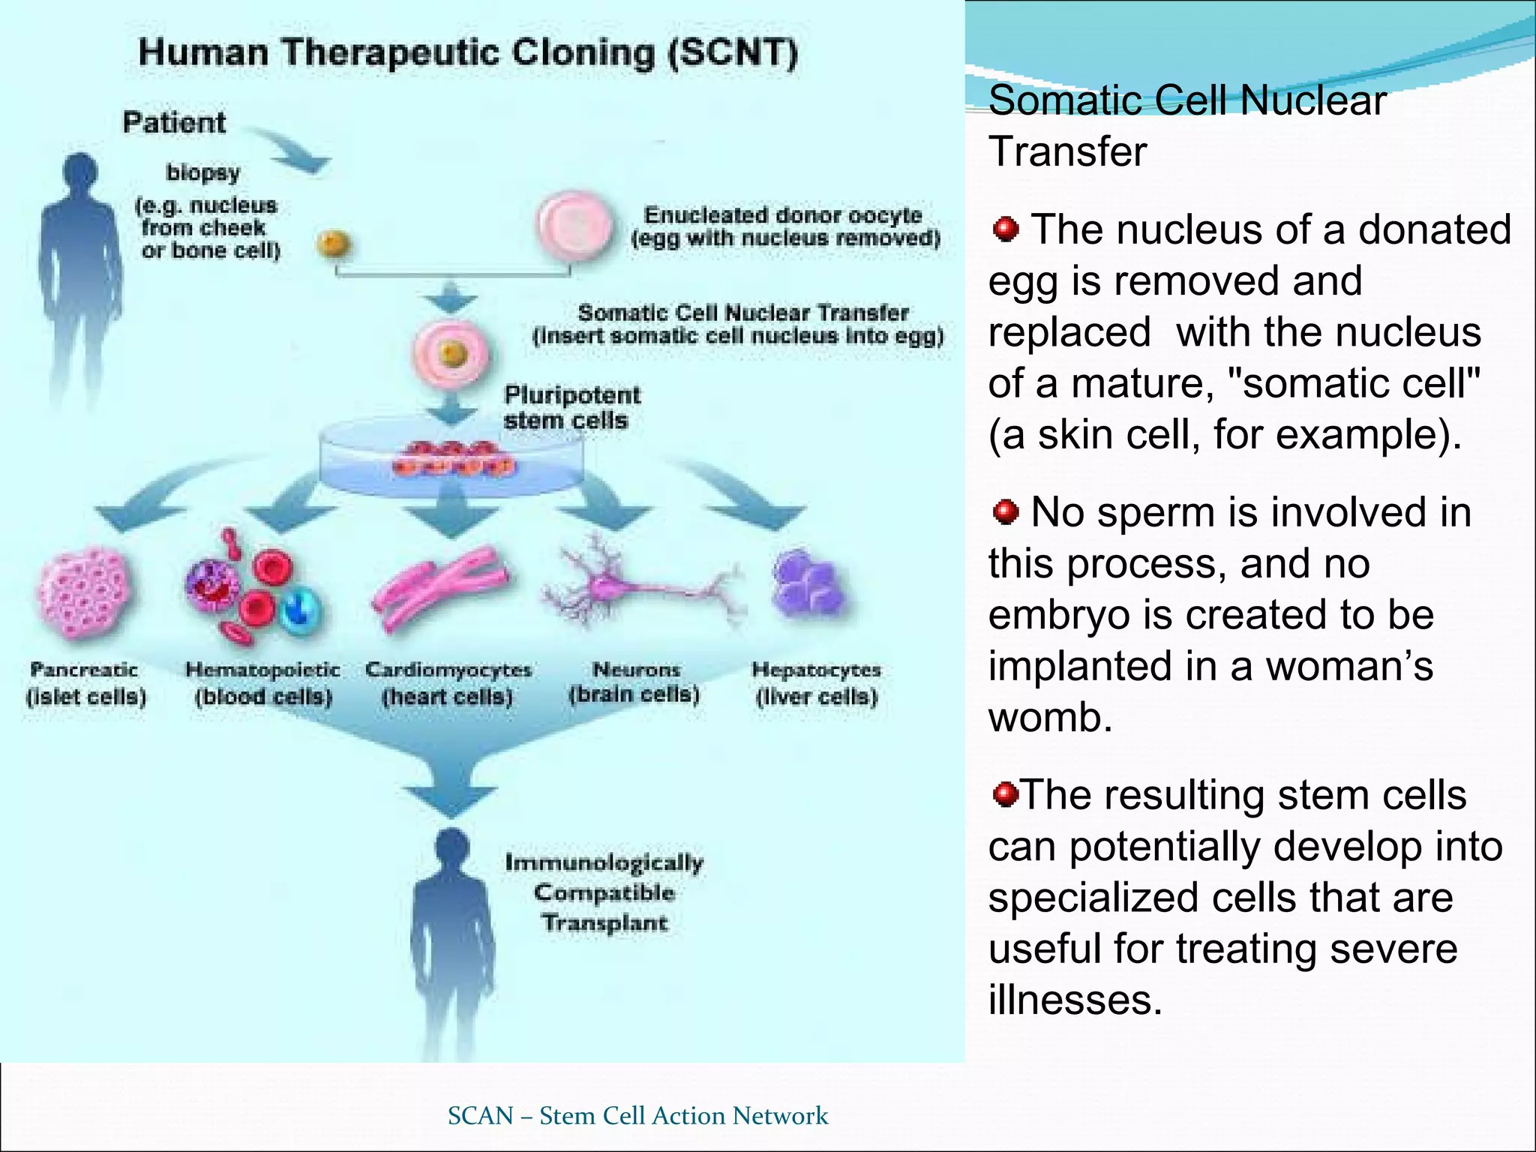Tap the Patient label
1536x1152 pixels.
[x=174, y=122]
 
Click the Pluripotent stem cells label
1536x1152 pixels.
[x=571, y=407]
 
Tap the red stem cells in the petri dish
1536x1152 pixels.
[x=454, y=459]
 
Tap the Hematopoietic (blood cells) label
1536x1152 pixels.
[x=262, y=682]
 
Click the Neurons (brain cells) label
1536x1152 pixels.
[x=634, y=682]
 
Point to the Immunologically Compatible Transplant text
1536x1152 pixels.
[x=604, y=892]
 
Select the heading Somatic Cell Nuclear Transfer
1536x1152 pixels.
[x=1186, y=125]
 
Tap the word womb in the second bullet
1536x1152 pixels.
[x=1050, y=717]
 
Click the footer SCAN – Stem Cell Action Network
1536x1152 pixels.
[x=637, y=1115]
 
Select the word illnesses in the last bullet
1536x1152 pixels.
[x=1075, y=1000]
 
